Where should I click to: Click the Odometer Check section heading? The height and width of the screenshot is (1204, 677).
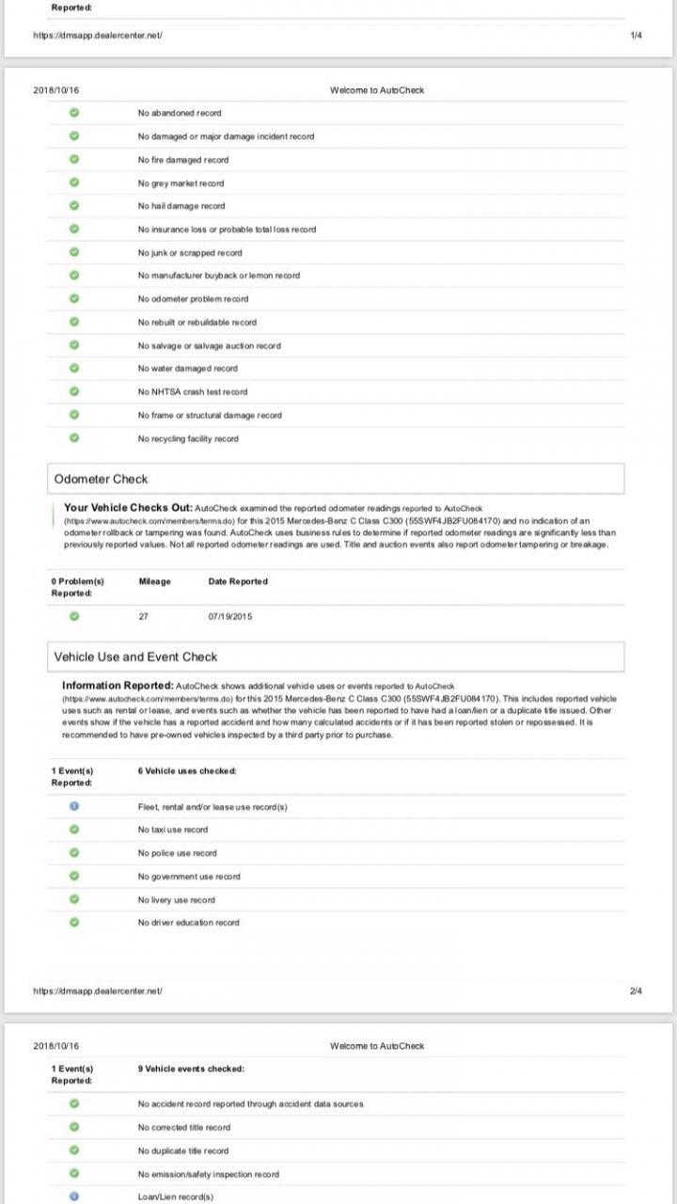pos(101,479)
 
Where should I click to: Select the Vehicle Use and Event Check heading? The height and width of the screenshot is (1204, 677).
pos(135,657)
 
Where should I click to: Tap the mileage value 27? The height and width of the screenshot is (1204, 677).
pos(142,617)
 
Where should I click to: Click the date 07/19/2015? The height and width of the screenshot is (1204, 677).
pos(229,617)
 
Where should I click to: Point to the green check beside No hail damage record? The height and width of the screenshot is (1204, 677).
pos(74,206)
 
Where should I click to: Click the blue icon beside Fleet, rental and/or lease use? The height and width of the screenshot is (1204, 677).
pos(74,807)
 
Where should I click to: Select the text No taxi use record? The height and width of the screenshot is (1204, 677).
pos(173,830)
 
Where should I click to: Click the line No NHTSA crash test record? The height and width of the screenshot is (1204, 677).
pos(193,392)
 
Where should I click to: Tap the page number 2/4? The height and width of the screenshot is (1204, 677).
pos(636,991)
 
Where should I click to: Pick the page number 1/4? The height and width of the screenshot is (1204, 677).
pos(636,35)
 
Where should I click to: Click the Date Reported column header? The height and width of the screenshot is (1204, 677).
pos(238,581)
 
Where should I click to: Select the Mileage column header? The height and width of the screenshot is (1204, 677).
pos(154,581)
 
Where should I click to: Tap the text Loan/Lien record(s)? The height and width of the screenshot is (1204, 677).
pos(176,1197)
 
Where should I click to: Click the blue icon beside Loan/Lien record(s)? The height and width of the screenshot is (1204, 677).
pos(74,1197)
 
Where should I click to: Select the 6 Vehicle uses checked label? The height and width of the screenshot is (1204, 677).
pos(187,771)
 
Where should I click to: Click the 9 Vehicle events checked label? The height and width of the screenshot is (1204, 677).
pos(191,1069)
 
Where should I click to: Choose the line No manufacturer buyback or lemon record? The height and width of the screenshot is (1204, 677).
pos(219,276)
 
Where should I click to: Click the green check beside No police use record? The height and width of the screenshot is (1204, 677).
pos(74,853)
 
